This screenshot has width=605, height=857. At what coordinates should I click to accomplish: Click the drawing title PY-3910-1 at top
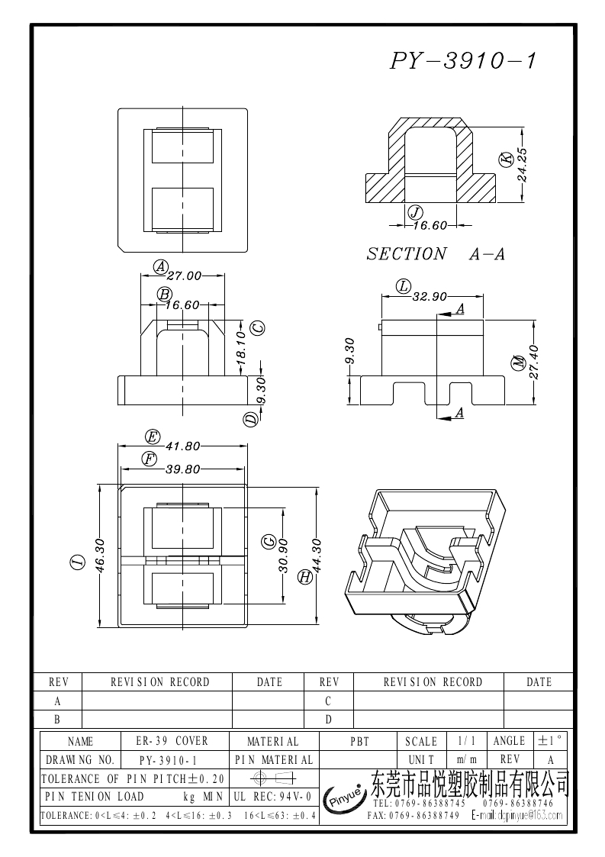pos(463,61)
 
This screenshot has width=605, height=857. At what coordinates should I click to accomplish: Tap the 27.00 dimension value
pos(184,275)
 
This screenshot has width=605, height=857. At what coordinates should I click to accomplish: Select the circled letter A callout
pos(160,266)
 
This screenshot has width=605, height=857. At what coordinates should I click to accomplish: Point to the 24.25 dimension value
pos(523,163)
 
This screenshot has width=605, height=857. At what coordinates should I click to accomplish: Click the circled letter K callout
pos(505,159)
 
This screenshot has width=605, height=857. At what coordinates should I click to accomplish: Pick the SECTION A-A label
pos(436,254)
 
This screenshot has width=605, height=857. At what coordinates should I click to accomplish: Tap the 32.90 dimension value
pos(430,297)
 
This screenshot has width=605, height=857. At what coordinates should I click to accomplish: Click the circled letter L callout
pos(404,287)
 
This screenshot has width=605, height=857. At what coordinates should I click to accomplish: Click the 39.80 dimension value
pos(182,469)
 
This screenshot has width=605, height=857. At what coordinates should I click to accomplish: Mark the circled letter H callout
pos(305,578)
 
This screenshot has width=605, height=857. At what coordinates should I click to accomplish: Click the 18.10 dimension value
pos(240,345)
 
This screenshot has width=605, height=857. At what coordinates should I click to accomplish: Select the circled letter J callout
pos(416,212)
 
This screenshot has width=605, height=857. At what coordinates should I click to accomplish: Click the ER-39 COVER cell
pos(172,741)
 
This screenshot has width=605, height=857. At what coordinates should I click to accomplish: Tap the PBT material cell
pos(359,741)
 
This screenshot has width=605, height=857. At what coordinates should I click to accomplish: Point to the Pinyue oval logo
pos(347,797)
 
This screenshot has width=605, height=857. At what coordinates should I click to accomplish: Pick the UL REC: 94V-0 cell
pos(272,797)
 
